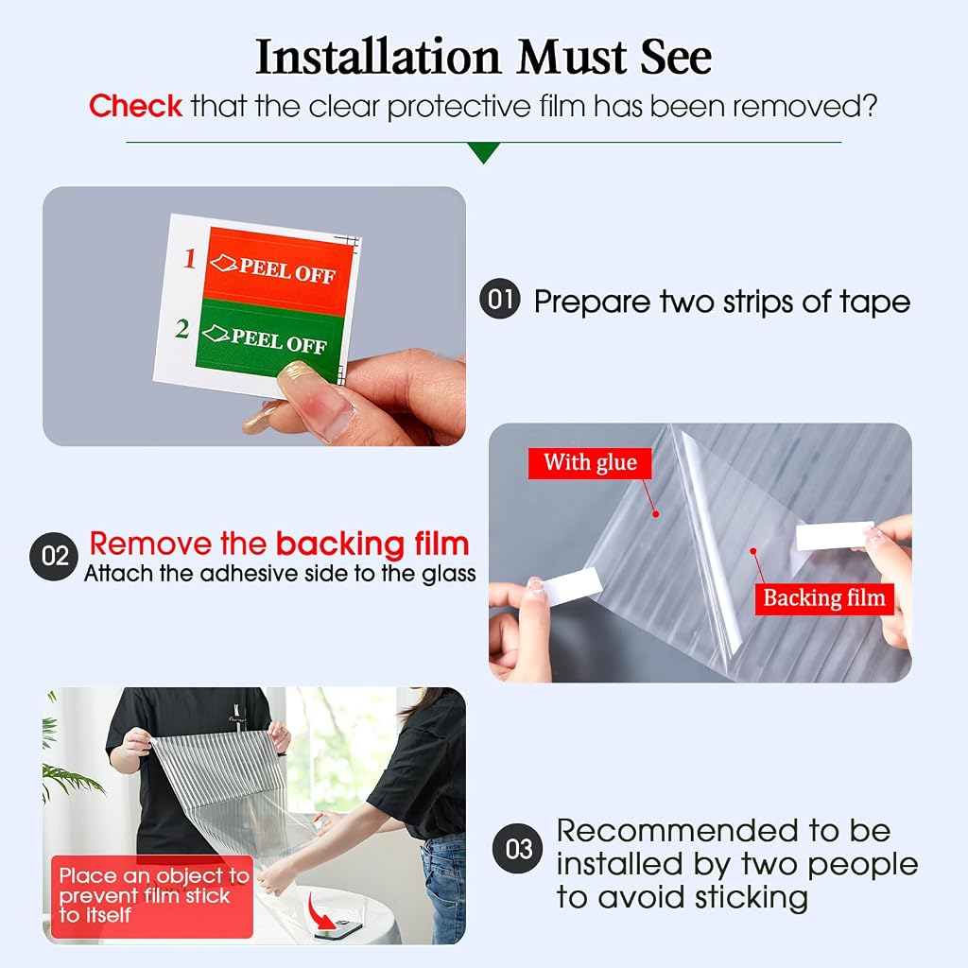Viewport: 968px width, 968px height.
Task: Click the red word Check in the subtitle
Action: pos(135,106)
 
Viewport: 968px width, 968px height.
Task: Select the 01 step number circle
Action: pos(499,299)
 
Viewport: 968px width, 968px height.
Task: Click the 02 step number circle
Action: pos(54,556)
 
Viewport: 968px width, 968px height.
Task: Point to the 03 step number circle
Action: pos(518,848)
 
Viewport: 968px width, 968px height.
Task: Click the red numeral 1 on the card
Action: pos(190,258)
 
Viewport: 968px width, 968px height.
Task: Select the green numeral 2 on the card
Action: pos(182,328)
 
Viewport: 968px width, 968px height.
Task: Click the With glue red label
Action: pos(590,463)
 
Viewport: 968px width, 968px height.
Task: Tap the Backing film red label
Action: pos(824,598)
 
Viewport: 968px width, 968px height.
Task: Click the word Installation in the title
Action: pos(378,57)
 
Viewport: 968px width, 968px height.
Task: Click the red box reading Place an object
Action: pos(152,896)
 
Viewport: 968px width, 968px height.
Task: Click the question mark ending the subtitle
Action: pos(871,106)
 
